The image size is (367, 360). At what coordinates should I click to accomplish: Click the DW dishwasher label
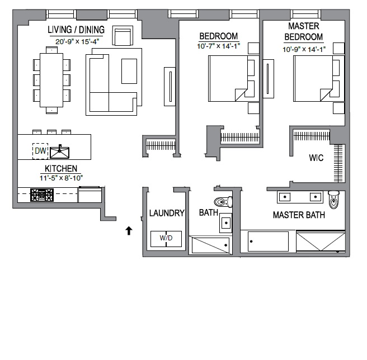click(x=40, y=151)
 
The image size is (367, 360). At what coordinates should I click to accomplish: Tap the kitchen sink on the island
click(x=59, y=152)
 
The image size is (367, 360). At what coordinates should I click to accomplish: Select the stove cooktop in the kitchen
click(x=42, y=195)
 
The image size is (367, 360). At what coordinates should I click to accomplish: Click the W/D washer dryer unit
click(x=166, y=239)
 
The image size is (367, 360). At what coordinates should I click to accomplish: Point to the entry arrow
click(x=129, y=231)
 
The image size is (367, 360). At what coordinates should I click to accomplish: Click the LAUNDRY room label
click(x=167, y=213)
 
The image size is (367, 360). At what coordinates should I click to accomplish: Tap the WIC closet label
click(x=316, y=158)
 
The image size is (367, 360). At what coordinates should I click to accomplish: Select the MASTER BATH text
click(x=299, y=215)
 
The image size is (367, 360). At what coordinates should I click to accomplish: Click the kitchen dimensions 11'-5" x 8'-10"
click(x=62, y=178)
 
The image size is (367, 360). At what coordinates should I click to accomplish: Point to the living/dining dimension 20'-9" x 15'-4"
click(x=77, y=41)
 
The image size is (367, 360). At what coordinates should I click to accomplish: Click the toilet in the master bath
click(x=334, y=200)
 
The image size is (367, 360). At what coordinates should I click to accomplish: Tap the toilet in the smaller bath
click(x=223, y=202)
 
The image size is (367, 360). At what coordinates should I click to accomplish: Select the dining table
click(x=51, y=80)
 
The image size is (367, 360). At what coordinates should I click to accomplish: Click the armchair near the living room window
click(x=123, y=35)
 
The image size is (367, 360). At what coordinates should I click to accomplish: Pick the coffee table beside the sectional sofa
click(x=129, y=71)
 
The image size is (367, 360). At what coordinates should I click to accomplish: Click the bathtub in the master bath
click(x=268, y=241)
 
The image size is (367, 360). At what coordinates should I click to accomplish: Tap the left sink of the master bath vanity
click(x=285, y=197)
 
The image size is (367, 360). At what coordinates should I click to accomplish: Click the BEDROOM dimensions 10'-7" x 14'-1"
click(x=219, y=46)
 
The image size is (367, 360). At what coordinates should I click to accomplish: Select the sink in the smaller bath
click(x=226, y=223)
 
